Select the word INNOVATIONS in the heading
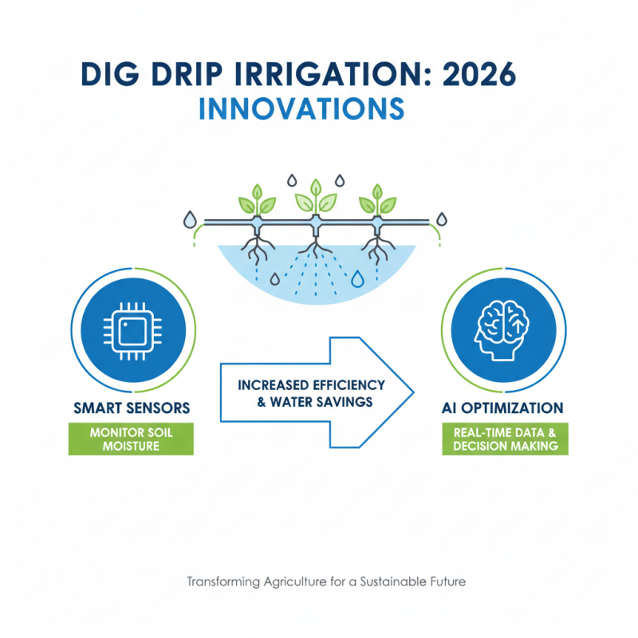301,108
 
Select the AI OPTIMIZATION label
503,408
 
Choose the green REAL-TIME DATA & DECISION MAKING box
506,439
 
